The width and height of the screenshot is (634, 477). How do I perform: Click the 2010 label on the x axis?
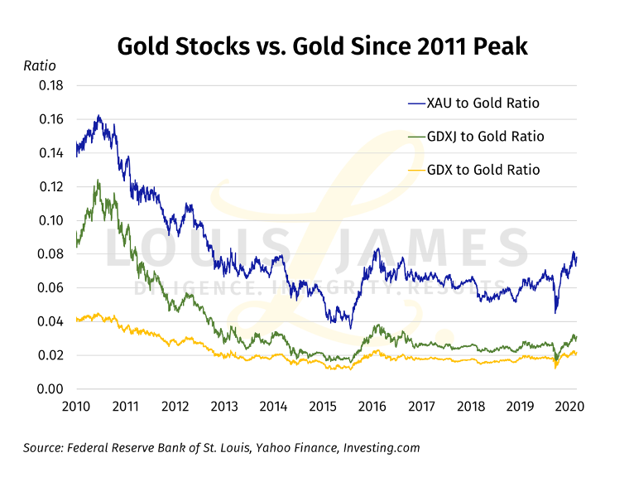coord(76,407)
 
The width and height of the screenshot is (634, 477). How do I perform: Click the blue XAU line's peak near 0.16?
coord(98,117)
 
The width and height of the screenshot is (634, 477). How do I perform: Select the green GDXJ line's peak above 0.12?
coord(98,181)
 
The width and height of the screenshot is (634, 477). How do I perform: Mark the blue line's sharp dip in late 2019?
coord(556,311)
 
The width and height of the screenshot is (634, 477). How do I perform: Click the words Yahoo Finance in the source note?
coord(271,448)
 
